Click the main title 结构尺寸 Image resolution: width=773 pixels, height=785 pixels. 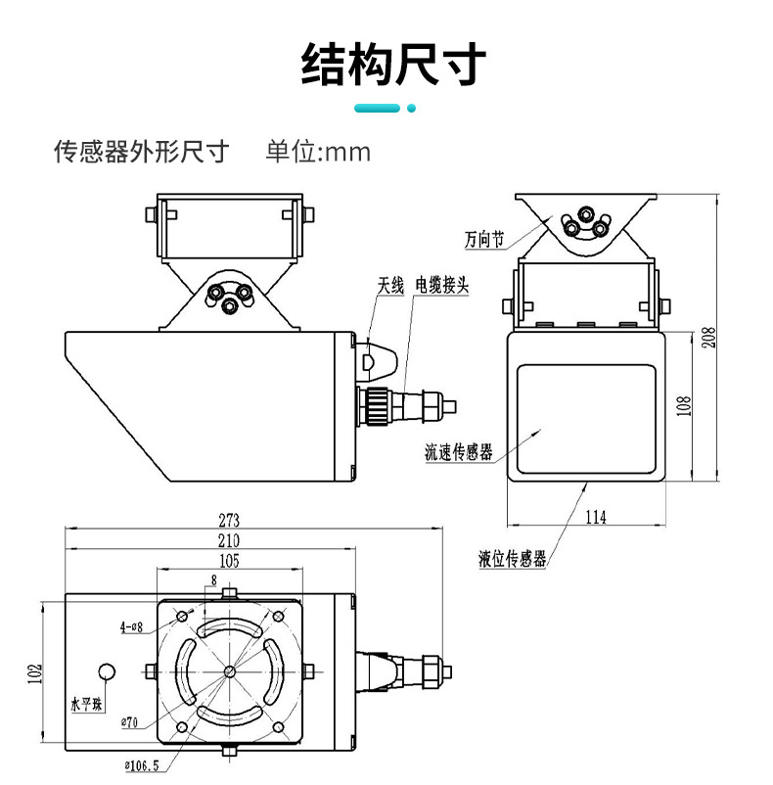[x=392, y=64]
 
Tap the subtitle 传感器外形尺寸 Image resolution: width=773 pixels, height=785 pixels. [x=141, y=152]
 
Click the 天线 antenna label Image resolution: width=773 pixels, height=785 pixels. [x=390, y=286]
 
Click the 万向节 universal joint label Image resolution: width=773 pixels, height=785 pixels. [x=484, y=238]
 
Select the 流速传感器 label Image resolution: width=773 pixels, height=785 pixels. [x=458, y=451]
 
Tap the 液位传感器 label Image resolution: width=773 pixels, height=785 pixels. [x=512, y=560]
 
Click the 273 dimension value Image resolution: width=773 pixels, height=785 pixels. [x=230, y=519]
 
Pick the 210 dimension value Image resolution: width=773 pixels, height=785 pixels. [x=230, y=540]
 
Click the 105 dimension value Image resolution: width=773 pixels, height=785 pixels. [x=229, y=561]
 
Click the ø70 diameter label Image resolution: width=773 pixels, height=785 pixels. [x=129, y=723]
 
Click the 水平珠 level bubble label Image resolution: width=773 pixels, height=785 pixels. [x=85, y=703]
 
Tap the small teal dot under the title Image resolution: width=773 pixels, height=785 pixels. [x=411, y=108]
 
